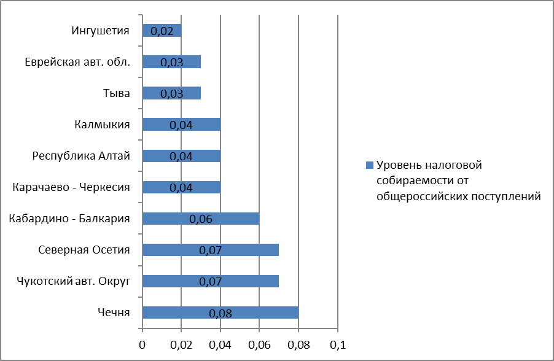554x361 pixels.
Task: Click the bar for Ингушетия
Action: (x=162, y=30)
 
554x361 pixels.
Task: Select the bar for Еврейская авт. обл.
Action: (x=171, y=61)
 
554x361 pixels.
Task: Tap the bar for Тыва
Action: (x=171, y=93)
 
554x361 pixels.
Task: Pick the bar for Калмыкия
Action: (x=181, y=125)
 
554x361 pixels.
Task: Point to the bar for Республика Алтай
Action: (x=181, y=156)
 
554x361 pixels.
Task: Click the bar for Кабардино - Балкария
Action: (x=201, y=219)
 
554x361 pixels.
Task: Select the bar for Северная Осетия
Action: (x=211, y=250)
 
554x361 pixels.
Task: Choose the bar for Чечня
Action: (x=220, y=312)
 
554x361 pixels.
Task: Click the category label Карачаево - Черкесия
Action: (x=71, y=187)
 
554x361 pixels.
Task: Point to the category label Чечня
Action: (x=114, y=312)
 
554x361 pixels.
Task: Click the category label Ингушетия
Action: (x=101, y=30)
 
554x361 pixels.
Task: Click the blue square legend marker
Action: (x=369, y=166)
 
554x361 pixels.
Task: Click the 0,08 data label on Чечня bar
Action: (x=220, y=313)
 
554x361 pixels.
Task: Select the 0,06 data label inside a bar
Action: (x=201, y=219)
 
